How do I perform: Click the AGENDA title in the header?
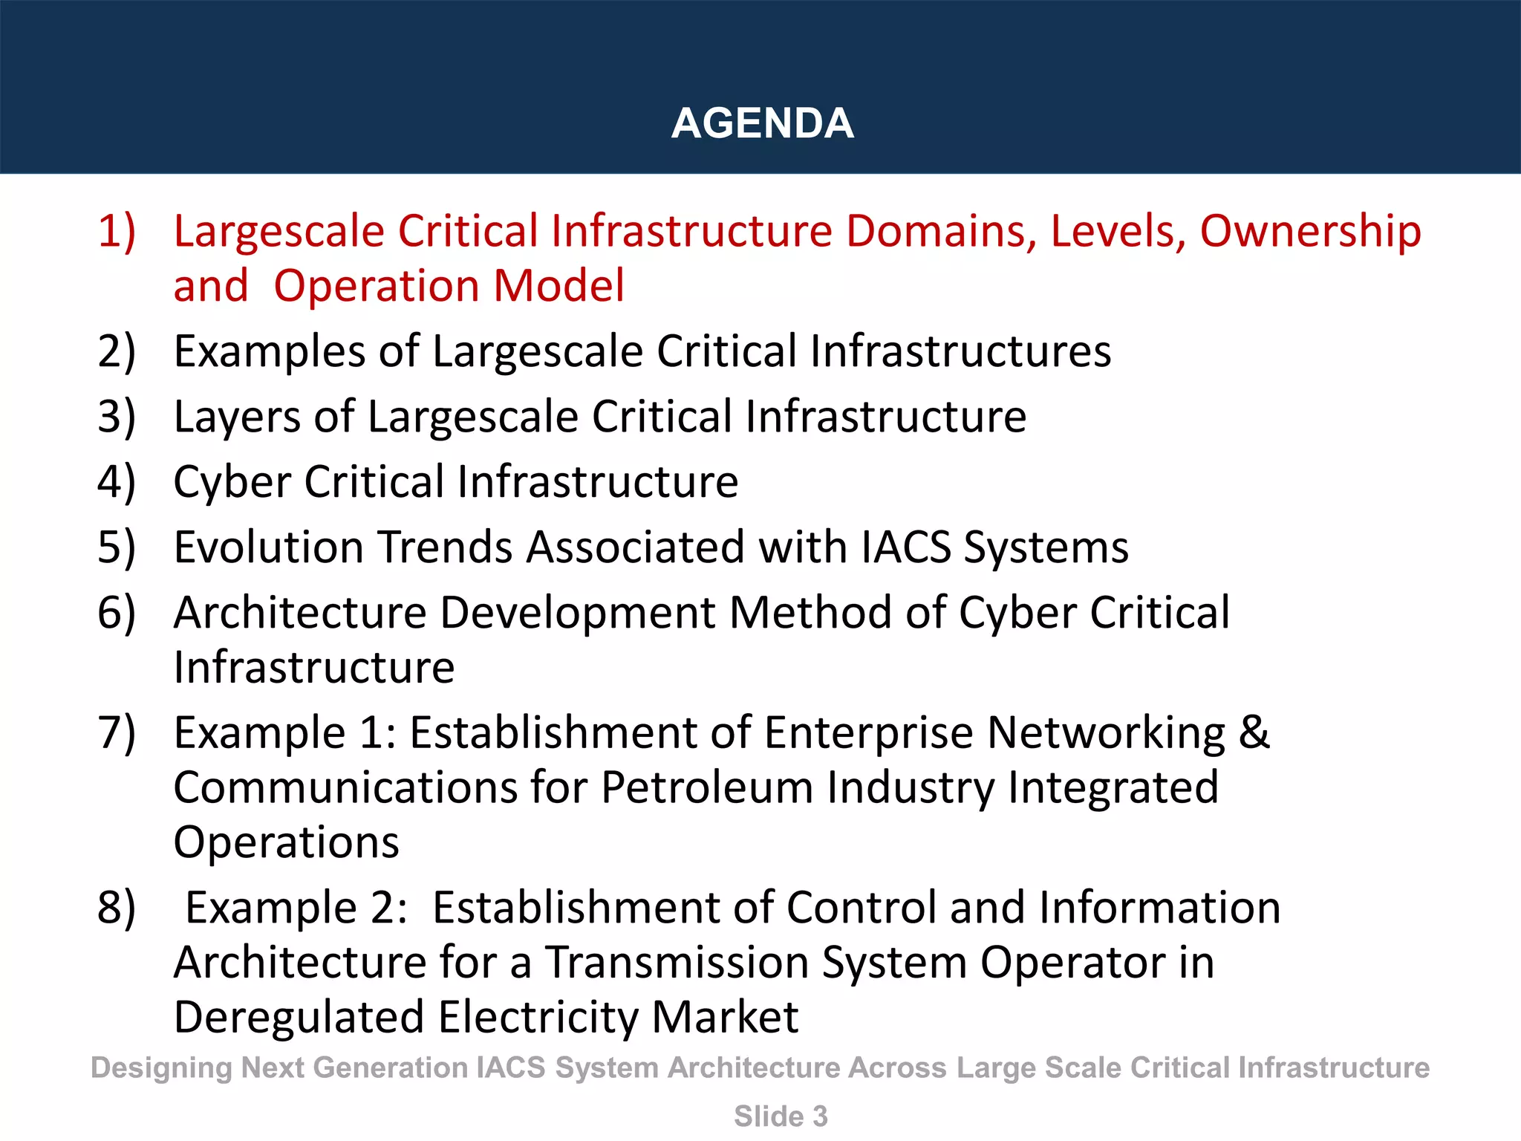(x=762, y=123)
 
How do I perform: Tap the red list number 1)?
(x=117, y=230)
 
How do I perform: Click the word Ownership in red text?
(x=1310, y=232)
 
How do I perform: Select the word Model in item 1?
(x=559, y=286)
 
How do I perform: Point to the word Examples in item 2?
(x=269, y=351)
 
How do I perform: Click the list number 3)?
(x=117, y=416)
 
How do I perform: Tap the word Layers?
(x=236, y=417)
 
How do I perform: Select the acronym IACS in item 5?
(x=906, y=547)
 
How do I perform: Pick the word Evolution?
(x=267, y=547)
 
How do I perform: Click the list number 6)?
(x=117, y=613)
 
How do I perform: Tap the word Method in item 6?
(x=810, y=613)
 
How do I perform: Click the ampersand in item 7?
(x=1254, y=732)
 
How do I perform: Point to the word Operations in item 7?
(x=286, y=843)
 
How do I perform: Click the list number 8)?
(x=117, y=908)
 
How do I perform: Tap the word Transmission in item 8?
(x=677, y=963)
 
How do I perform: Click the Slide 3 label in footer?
(x=781, y=1116)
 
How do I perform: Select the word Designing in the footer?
(x=161, y=1068)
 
